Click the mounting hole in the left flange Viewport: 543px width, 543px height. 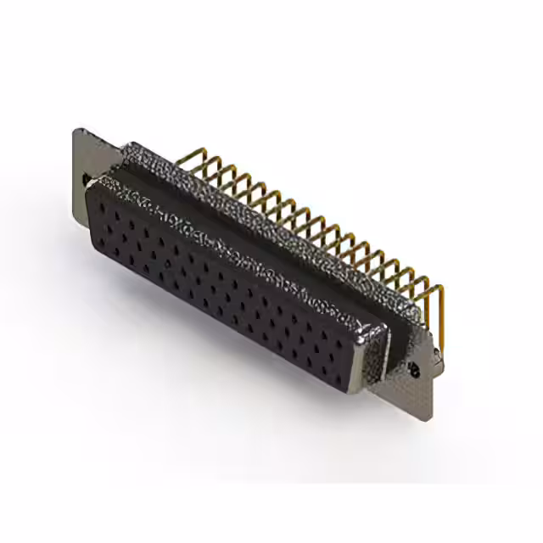pos(87,178)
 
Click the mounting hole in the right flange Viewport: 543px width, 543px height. pos(414,370)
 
